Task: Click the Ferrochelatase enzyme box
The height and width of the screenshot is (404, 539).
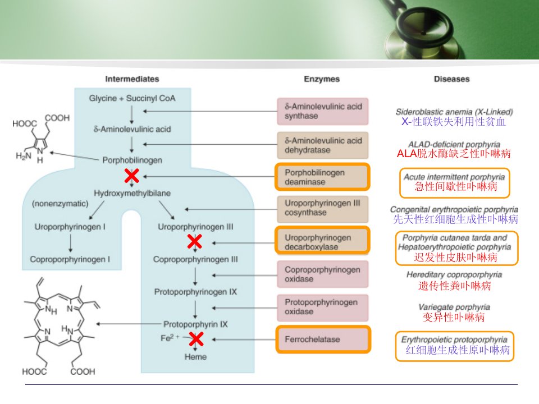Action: (323, 339)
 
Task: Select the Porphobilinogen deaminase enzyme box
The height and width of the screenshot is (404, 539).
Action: (322, 177)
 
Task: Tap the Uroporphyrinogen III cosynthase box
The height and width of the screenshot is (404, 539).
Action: (323, 209)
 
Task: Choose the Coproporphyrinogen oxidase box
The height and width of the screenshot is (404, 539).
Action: (323, 274)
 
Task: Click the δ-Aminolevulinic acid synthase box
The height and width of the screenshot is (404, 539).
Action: (323, 111)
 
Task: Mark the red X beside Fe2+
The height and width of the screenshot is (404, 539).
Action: (196, 339)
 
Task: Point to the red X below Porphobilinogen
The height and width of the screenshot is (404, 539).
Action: (131, 176)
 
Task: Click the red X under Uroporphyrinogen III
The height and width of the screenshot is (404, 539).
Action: (195, 241)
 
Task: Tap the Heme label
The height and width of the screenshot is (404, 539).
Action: (195, 357)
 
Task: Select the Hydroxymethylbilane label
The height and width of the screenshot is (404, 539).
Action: (133, 193)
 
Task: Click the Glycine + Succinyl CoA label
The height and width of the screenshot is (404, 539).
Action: (133, 98)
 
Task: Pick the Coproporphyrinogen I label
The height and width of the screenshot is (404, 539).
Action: (70, 259)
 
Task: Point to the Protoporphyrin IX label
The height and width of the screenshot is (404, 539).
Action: (195, 324)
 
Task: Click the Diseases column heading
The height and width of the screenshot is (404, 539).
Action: (451, 79)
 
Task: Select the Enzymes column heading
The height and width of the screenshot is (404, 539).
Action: (322, 79)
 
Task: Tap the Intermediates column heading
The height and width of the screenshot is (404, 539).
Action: (133, 79)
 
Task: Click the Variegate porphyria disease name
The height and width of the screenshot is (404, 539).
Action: (454, 307)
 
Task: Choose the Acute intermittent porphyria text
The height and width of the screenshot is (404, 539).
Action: (454, 177)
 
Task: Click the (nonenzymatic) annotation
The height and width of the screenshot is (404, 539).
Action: (60, 204)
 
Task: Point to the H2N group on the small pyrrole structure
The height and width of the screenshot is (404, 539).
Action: (24, 157)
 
